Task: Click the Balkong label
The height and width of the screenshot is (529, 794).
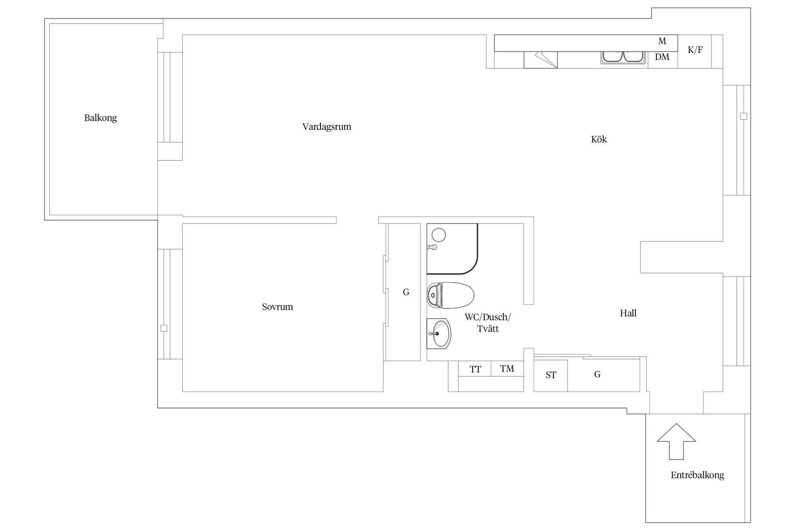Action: point(100,118)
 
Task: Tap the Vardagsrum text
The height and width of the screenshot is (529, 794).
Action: point(327,127)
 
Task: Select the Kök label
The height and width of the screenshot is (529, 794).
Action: point(599,139)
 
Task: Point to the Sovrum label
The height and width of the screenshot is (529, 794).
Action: point(277,307)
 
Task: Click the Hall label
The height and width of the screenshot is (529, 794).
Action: point(628,313)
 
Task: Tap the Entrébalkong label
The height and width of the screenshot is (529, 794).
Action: point(697,475)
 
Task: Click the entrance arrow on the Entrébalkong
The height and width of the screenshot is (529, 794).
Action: point(677,441)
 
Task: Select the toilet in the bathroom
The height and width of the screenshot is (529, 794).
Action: point(450,295)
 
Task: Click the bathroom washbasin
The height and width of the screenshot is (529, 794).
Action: point(439,334)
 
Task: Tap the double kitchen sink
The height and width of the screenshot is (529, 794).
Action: point(622,57)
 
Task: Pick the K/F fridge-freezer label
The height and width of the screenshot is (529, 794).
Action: point(695,50)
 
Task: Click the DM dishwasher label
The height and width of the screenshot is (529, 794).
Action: point(662,57)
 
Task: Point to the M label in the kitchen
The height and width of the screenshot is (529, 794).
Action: point(662,41)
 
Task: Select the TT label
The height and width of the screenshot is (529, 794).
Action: point(476,369)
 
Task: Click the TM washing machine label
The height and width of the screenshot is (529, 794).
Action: point(507,369)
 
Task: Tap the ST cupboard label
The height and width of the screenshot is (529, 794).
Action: point(551,375)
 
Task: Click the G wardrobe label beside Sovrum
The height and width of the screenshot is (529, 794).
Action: point(406,292)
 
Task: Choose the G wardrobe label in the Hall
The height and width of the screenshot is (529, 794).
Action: point(597,374)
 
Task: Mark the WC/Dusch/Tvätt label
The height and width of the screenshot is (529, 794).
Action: point(488,323)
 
